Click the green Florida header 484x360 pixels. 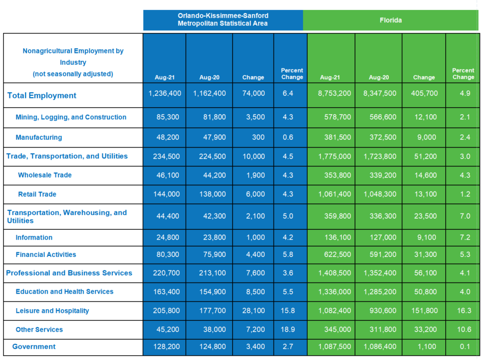390,20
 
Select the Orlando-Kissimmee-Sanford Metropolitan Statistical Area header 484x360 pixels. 223,19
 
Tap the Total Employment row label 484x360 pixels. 42,95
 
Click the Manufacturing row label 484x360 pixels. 39,138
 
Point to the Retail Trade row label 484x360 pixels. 37,194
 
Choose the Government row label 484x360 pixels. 34,347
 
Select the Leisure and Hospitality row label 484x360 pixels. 52,311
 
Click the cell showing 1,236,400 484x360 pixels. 165,93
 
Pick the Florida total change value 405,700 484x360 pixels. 424,93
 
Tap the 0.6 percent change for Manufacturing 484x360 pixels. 288,138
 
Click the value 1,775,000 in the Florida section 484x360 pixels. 334,156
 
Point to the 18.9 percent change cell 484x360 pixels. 288,330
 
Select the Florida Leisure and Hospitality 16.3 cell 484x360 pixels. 464,310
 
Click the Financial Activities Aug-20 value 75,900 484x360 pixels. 215,254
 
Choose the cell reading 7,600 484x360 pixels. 255,273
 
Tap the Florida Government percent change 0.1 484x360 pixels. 465,346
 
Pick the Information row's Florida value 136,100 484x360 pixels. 337,238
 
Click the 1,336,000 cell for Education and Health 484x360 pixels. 334,292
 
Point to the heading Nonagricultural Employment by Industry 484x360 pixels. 73,57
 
